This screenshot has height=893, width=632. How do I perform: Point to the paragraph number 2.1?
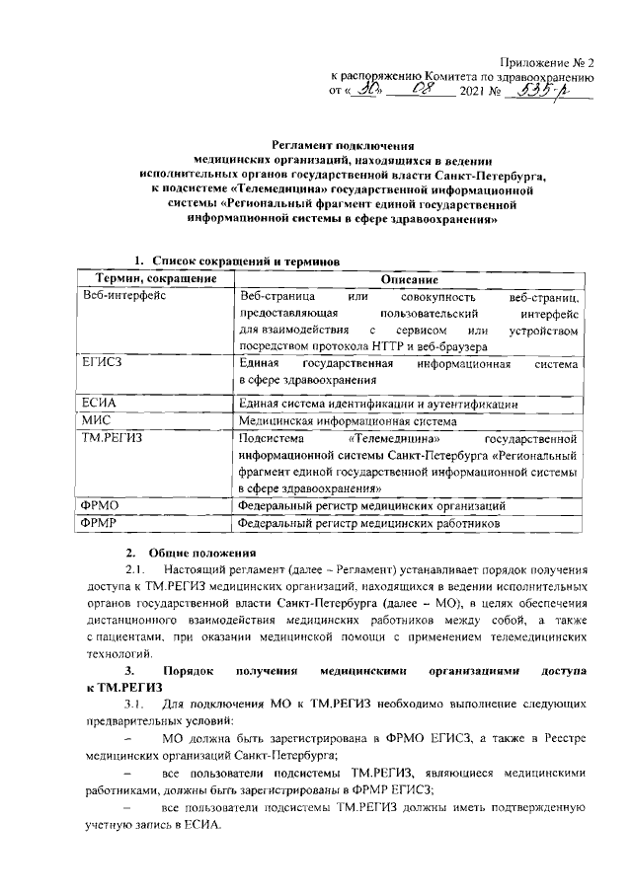pyautogui.click(x=134, y=570)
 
